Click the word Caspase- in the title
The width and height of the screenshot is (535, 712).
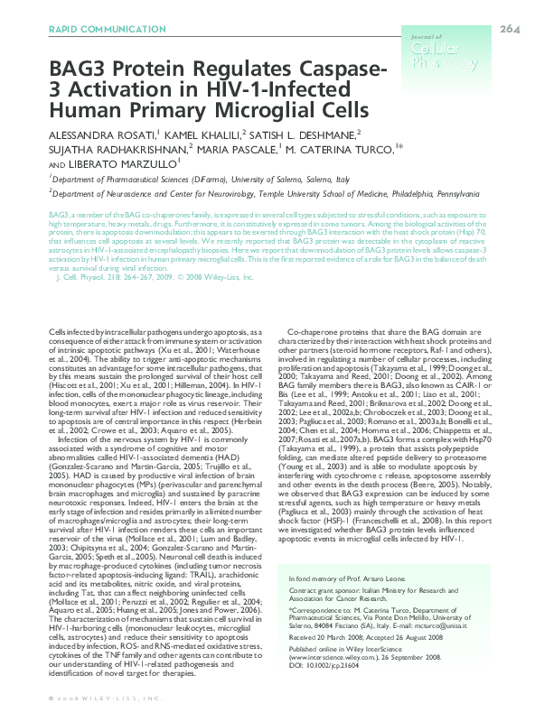point(343,72)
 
